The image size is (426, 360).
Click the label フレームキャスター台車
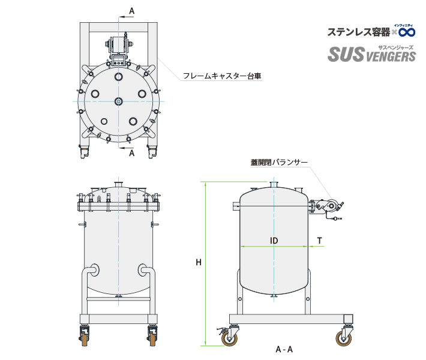click(x=223, y=76)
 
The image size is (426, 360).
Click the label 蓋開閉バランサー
click(x=279, y=163)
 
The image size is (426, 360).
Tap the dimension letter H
click(x=198, y=262)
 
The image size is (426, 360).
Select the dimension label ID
click(x=274, y=241)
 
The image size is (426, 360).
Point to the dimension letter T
click(x=319, y=241)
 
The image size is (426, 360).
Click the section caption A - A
click(x=284, y=349)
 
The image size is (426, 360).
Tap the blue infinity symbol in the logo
click(x=407, y=31)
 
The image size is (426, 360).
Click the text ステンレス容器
click(x=358, y=31)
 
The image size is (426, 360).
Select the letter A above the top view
click(x=132, y=11)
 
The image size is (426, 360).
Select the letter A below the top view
click(x=132, y=153)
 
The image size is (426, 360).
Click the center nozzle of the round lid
click(x=118, y=101)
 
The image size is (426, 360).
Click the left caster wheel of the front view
click(x=84, y=338)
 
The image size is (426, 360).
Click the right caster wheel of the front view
click(x=152, y=338)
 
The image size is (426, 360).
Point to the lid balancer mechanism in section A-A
click(x=328, y=207)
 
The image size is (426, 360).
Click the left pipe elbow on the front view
click(x=94, y=270)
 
